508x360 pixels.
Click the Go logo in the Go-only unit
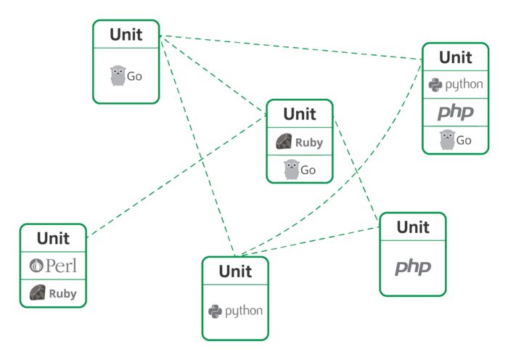coord(126,75)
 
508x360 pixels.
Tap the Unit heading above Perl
coord(53,238)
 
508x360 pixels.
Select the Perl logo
coord(53,266)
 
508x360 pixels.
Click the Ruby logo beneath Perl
coord(53,293)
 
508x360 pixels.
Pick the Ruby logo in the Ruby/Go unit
coord(300,142)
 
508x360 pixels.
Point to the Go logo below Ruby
coord(300,170)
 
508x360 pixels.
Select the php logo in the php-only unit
coord(412,267)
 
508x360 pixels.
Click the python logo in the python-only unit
coord(234,311)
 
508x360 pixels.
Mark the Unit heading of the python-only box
coord(234,272)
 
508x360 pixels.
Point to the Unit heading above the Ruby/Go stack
coord(300,114)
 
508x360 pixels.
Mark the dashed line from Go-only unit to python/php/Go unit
coord(290,45)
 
